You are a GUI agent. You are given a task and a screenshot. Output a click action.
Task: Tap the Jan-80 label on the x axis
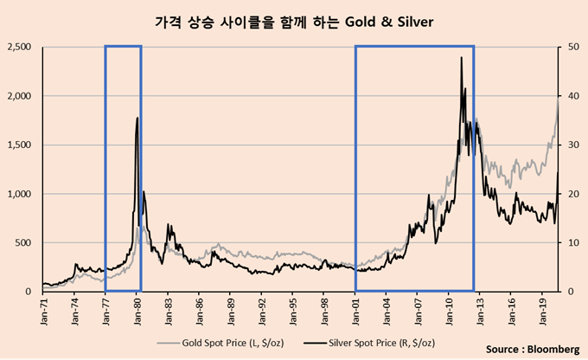coord(137,309)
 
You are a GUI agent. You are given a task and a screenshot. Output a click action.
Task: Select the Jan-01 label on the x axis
coord(356,309)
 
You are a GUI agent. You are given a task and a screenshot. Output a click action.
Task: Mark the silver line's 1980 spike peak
coord(137,118)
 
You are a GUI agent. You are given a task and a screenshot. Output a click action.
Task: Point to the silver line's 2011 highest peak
coord(461,57)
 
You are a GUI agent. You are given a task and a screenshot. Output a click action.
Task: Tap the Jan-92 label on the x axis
coord(262,309)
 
